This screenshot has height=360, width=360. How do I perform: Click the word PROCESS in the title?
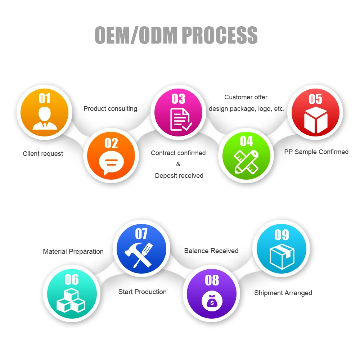[x=220, y=35]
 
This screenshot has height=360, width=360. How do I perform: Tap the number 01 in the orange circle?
[x=45, y=98]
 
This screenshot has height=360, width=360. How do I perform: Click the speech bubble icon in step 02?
[x=111, y=163]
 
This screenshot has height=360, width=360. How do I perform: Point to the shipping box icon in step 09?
[x=282, y=256]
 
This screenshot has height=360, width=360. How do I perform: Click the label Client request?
[x=43, y=154]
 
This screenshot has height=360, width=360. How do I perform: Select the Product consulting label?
[x=110, y=109]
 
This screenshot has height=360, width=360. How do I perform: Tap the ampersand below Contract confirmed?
[x=178, y=164]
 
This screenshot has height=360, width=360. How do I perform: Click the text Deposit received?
[x=179, y=176]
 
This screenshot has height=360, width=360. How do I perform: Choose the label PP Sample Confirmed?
[x=316, y=152]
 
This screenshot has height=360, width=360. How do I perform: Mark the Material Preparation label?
[x=73, y=252]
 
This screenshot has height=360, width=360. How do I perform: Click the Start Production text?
[x=142, y=292]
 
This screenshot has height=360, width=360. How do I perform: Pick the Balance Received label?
[x=211, y=251]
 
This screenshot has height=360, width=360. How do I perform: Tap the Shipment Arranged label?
[x=283, y=293]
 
